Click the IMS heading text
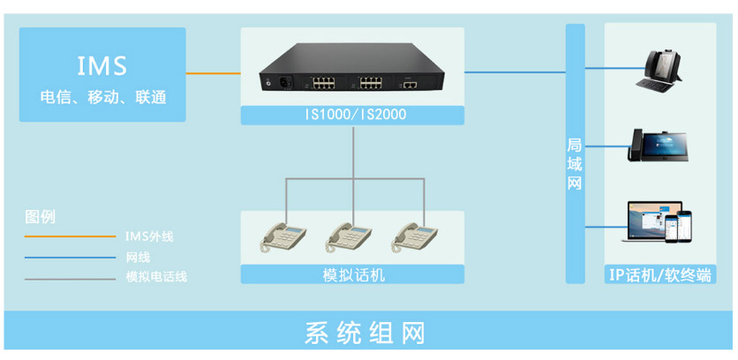click(102, 64)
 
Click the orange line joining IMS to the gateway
click(213, 73)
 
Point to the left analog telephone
click(282, 236)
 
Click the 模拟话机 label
click(354, 274)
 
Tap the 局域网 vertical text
click(575, 163)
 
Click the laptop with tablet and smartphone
click(659, 222)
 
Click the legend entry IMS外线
click(149, 236)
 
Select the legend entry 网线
click(138, 258)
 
